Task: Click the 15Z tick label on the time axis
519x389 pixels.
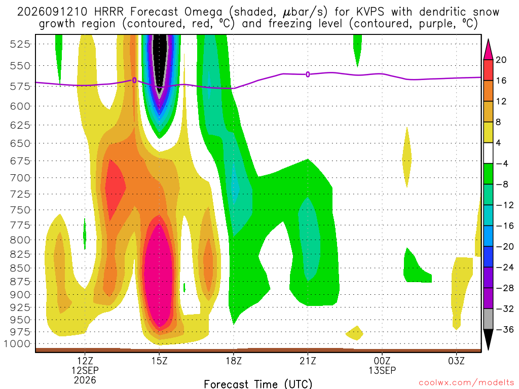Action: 159,361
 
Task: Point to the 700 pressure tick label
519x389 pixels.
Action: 20,178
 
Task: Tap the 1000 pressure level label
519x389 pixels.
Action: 17,344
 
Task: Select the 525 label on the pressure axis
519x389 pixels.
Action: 20,44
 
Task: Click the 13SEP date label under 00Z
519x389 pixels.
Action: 382,370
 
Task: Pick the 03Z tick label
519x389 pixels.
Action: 457,361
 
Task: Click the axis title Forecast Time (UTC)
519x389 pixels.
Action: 258,384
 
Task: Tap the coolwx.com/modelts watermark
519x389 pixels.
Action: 466,383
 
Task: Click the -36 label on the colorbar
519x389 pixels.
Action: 504,329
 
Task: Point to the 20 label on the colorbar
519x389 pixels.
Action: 501,60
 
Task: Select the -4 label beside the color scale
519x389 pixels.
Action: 502,164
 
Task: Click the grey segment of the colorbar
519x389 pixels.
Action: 488,319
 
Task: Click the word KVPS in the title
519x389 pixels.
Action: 370,12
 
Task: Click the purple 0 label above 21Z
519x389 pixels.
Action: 308,74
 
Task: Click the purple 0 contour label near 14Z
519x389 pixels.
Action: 134,81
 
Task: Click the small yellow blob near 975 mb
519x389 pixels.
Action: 354,333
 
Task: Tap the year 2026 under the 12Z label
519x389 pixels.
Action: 85,380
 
